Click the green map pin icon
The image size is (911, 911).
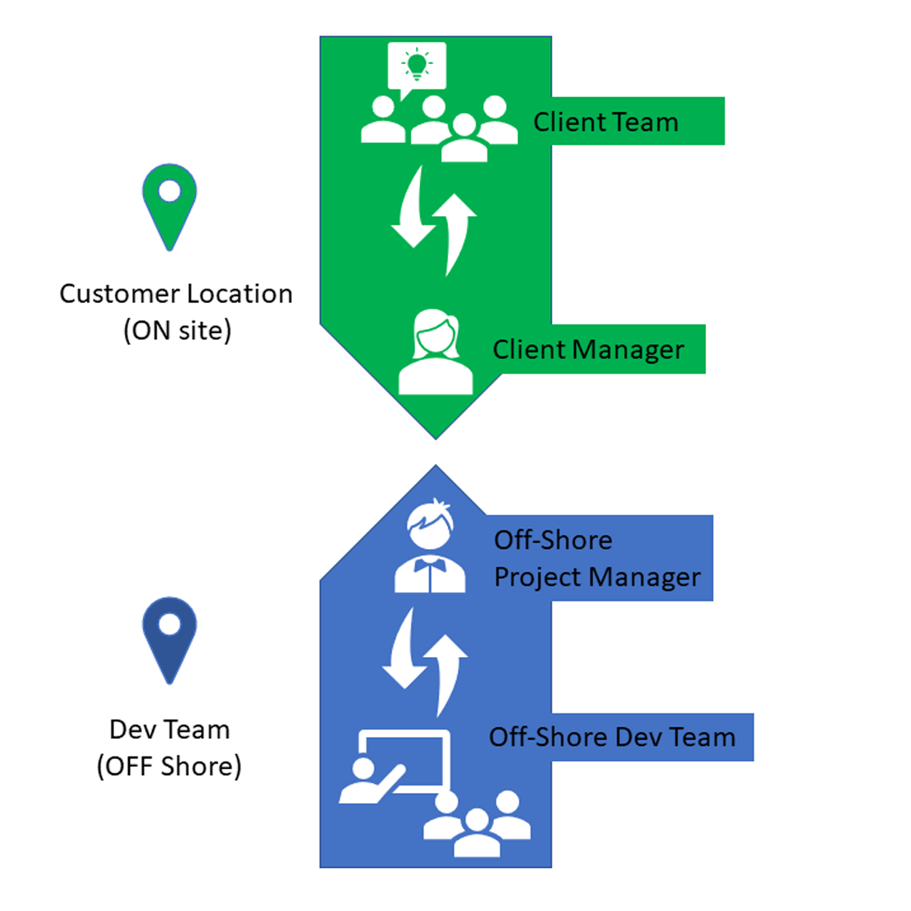(x=169, y=202)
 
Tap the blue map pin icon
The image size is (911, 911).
(x=169, y=639)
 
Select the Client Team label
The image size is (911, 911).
(x=606, y=121)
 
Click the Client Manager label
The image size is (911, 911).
(x=588, y=349)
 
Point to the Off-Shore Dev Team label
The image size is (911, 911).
(x=612, y=737)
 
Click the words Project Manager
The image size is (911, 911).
(x=597, y=578)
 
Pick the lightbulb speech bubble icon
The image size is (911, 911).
(x=416, y=66)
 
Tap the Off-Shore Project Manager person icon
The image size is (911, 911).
(x=430, y=548)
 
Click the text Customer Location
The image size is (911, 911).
(x=176, y=294)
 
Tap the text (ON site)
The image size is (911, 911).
(x=176, y=330)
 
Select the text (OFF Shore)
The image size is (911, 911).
(x=170, y=767)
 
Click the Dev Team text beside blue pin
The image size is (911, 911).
(x=170, y=729)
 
